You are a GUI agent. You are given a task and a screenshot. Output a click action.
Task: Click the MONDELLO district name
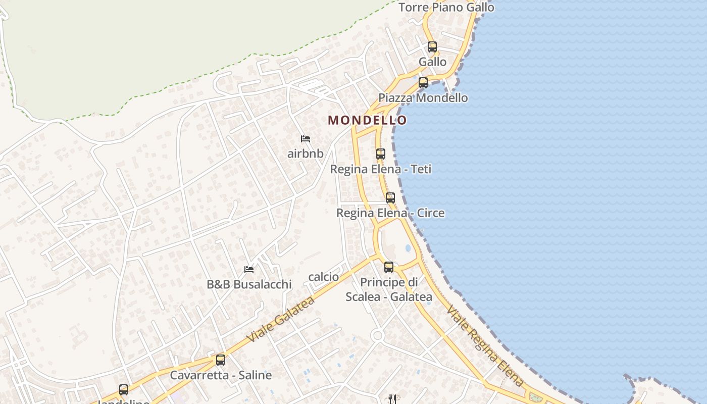367,120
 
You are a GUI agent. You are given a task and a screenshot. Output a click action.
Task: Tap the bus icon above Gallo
432,47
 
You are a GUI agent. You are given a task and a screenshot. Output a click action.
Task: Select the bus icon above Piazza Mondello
423,83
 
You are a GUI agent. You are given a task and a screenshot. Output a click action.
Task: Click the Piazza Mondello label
423,98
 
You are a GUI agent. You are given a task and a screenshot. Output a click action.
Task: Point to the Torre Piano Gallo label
446,8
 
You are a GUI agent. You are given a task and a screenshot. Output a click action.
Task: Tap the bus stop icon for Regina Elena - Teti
381,154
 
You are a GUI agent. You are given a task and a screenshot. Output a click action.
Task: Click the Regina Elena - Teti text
381,169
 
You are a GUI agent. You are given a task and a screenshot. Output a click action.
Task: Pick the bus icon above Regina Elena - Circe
390,198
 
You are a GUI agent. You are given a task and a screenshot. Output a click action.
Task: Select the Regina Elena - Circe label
390,213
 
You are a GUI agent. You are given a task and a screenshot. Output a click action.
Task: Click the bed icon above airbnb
305,139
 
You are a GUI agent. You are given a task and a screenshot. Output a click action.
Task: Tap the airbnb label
305,154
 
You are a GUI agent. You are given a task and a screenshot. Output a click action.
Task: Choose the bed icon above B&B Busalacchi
249,269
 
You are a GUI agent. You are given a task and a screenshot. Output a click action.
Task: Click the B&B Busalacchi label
249,284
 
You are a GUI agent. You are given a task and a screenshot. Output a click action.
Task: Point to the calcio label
323,277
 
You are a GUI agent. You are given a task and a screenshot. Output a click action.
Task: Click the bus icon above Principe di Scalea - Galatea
389,267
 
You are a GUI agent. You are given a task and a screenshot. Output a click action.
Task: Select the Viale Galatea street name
281,319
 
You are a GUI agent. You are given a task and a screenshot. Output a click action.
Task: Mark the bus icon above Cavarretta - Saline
221,360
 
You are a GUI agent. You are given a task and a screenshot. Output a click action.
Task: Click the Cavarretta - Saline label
221,375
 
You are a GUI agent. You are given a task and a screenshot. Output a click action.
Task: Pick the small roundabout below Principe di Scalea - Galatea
377,335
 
